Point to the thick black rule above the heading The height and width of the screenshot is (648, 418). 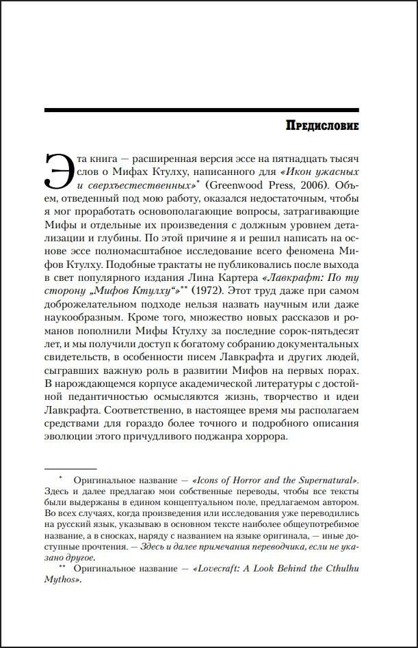pyautogui.click(x=201, y=109)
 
